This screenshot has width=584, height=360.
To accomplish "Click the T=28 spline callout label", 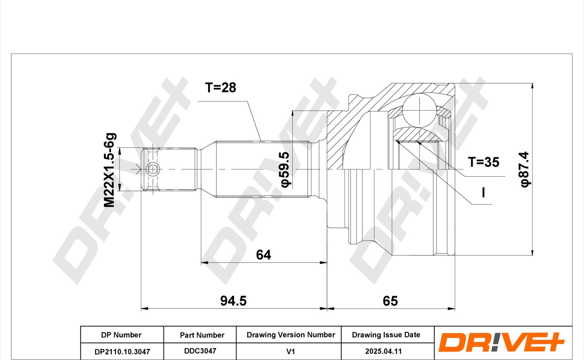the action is click(220, 88).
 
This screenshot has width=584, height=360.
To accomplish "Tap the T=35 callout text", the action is click(483, 162).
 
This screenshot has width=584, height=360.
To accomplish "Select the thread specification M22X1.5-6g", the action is click(110, 170).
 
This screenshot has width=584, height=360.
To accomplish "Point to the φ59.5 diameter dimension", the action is click(285, 169).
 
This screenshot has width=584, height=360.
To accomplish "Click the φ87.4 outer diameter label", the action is click(525, 169).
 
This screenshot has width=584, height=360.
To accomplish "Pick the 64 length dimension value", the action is click(263, 254).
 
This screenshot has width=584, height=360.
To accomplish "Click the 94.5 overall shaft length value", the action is click(233, 301).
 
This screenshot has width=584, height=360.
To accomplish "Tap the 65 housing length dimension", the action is click(390, 301).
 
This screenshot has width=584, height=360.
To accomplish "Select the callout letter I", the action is click(483, 192).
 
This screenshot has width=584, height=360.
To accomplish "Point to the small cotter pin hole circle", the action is click(152, 169).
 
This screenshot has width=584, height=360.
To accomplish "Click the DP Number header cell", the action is click(122, 334).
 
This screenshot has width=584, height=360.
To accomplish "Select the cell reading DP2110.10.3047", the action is click(122, 351).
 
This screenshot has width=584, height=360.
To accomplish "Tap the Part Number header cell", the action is click(202, 335).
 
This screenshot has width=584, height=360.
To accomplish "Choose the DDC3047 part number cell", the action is click(200, 351).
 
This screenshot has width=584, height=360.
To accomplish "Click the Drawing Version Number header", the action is click(291, 335).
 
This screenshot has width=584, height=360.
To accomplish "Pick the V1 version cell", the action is click(291, 351).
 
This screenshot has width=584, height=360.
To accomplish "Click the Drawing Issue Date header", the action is click(386, 335).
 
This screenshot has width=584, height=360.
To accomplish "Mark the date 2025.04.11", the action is click(383, 351).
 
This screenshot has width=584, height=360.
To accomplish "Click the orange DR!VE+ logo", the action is click(501, 342).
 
